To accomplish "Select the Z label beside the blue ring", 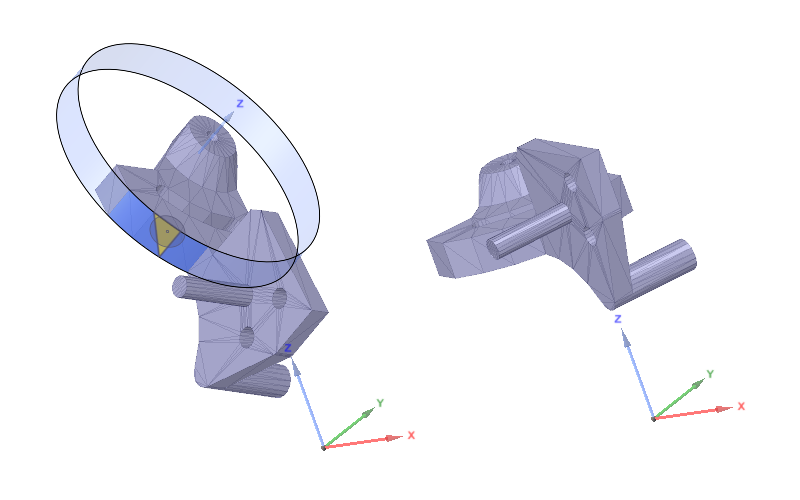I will [x=239, y=103].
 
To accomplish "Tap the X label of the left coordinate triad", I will [x=410, y=436].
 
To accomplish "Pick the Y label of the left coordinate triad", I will [x=380, y=403].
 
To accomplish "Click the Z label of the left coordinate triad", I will [x=288, y=348].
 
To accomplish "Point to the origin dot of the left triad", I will [x=323, y=447].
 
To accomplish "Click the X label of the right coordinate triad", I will [x=741, y=406].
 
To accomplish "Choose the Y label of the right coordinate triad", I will [x=710, y=373].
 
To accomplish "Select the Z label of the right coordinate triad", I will [x=619, y=319].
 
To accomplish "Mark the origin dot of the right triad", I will [x=654, y=418].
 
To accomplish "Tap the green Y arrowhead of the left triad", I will [x=367, y=413].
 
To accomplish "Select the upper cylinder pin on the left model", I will [x=205, y=290].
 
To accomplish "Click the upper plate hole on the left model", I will [x=279, y=298].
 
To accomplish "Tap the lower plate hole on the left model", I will [x=246, y=337].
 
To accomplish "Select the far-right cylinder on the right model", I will [x=660, y=271].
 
